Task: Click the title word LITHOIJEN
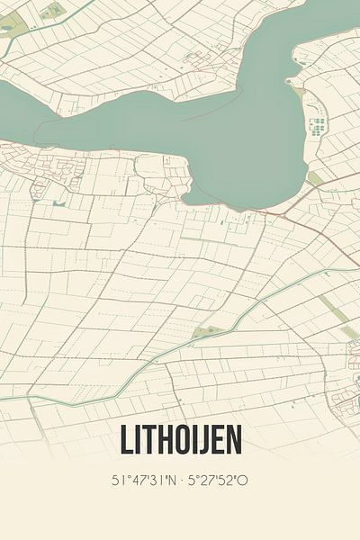point(180,440)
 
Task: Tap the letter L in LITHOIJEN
point(125,440)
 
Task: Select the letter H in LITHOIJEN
point(163,440)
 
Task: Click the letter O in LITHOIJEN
point(181,440)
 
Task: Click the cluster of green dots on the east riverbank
point(318,126)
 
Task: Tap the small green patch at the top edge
point(54,9)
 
